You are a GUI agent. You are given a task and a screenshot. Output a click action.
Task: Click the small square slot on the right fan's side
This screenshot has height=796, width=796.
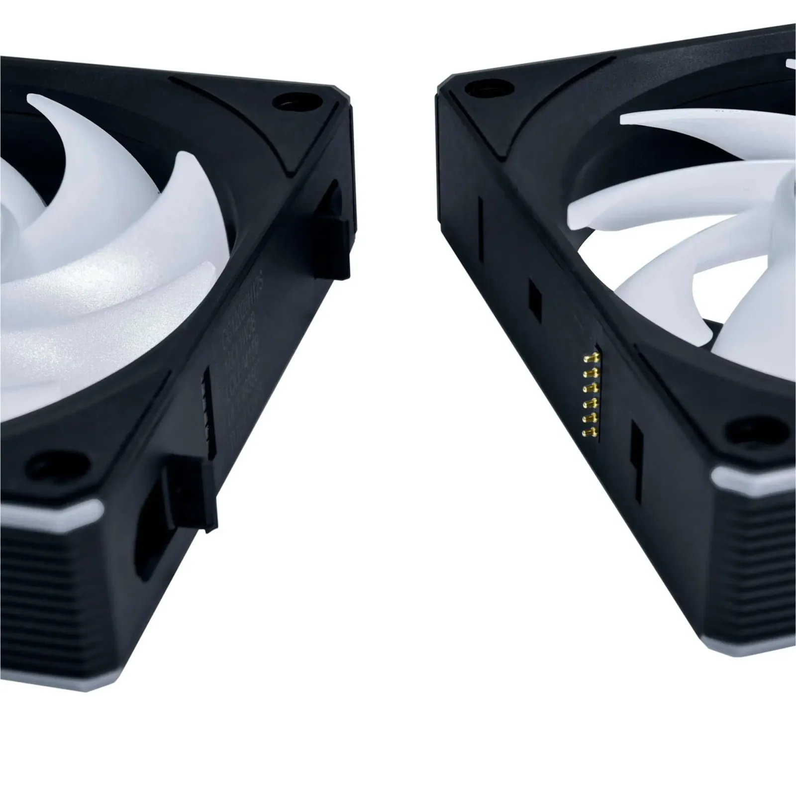tap(534, 298)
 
